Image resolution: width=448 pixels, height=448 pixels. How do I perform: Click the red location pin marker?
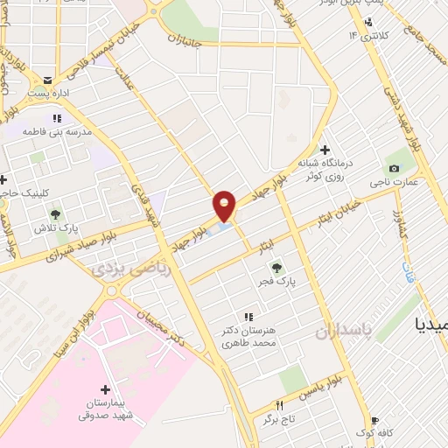[225, 206]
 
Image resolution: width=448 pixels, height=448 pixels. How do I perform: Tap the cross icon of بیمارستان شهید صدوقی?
[106, 389]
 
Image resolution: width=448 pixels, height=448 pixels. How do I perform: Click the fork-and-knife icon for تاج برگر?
[280, 405]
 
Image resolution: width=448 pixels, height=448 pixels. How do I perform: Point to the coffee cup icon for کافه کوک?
[375, 420]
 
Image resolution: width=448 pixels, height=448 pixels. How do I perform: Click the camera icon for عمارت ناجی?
[393, 168]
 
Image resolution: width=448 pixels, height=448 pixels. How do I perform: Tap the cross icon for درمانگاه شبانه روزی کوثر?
[325, 150]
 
